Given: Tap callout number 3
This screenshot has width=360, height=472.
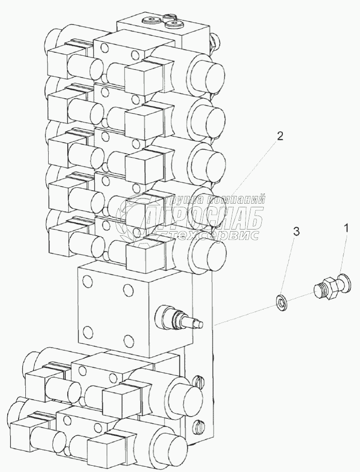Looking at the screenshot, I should (296, 232).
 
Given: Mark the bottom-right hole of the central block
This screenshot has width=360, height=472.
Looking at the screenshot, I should (127, 340).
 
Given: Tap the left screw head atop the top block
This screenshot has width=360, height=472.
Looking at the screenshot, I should (151, 21).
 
